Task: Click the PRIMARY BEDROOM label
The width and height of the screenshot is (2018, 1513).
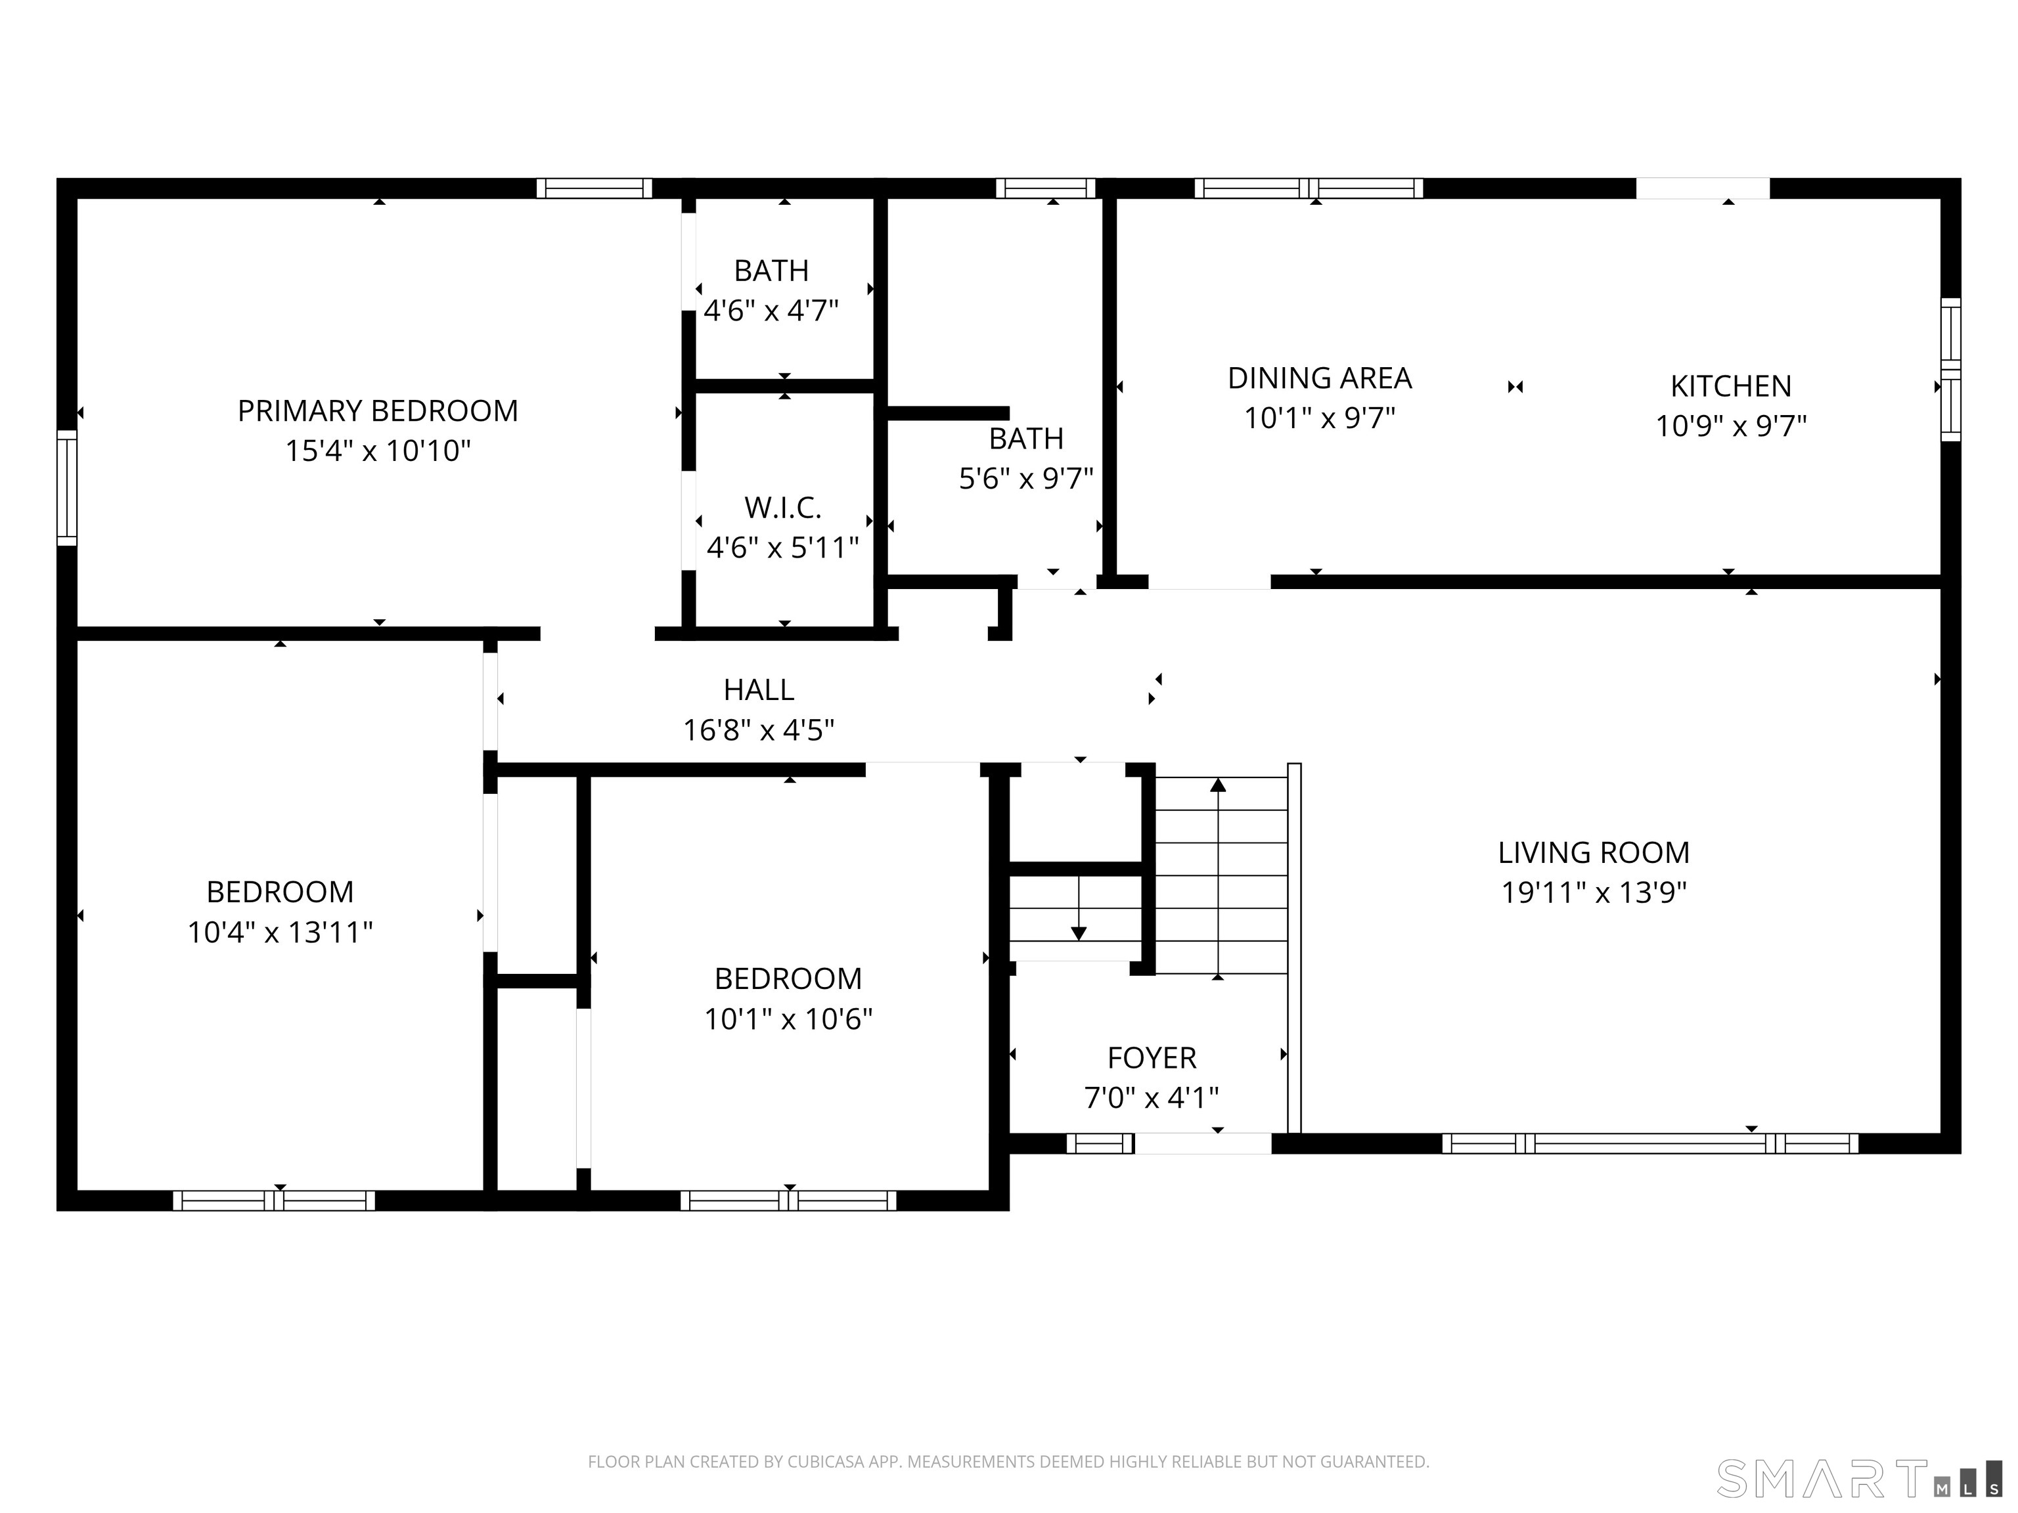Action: pyautogui.click(x=378, y=411)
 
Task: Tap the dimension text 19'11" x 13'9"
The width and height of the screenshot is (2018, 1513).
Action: pyautogui.click(x=1594, y=892)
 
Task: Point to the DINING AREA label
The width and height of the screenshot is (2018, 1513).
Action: pyautogui.click(x=1319, y=378)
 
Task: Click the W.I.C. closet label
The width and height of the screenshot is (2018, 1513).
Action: pyautogui.click(x=783, y=507)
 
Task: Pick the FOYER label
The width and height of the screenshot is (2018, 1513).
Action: pyautogui.click(x=1152, y=1058)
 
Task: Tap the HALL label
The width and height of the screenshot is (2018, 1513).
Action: pyautogui.click(x=758, y=690)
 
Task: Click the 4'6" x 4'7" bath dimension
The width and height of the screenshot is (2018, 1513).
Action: pyautogui.click(x=771, y=311)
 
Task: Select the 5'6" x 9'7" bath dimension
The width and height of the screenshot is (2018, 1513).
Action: pyautogui.click(x=1025, y=479)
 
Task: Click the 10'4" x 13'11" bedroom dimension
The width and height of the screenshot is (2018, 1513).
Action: pyautogui.click(x=280, y=932)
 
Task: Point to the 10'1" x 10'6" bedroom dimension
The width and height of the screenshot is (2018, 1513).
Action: pyautogui.click(x=788, y=1019)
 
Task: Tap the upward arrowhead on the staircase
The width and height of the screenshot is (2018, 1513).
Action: pyautogui.click(x=1218, y=784)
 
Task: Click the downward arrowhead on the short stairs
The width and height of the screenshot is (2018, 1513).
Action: pyautogui.click(x=1079, y=934)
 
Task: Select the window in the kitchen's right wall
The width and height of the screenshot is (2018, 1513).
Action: pyautogui.click(x=1950, y=369)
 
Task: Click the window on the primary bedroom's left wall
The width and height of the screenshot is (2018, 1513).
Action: pyautogui.click(x=66, y=488)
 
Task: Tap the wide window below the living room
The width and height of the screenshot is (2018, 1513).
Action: pyautogui.click(x=1649, y=1144)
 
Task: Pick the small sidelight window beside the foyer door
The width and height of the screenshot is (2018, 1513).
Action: pyautogui.click(x=1099, y=1144)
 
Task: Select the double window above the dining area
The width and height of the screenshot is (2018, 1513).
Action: pyautogui.click(x=1309, y=188)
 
